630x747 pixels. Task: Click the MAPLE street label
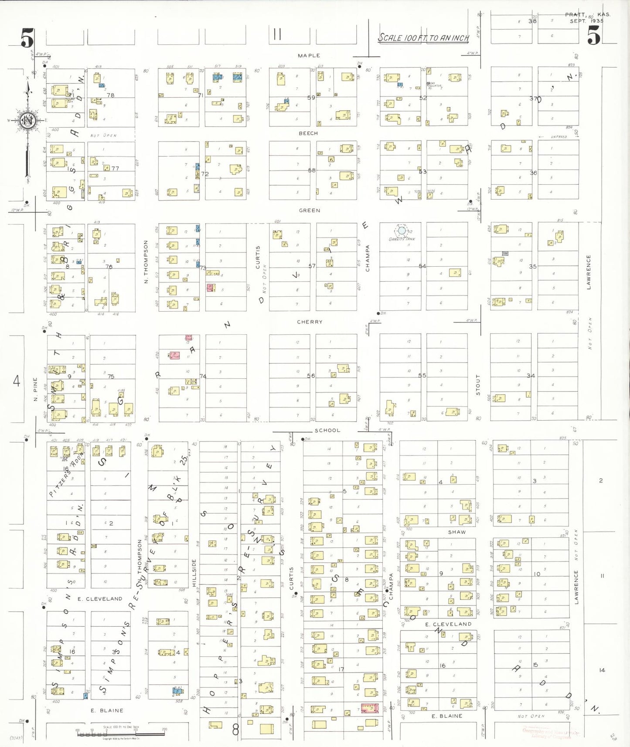[309, 56]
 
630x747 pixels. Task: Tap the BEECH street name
[308, 133]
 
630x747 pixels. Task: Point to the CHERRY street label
[310, 322]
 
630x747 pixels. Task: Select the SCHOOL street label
[327, 430]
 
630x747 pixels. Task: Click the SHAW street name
[457, 532]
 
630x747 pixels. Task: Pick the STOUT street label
[478, 385]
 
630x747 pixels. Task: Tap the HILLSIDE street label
[194, 573]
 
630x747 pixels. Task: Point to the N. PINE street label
[36, 389]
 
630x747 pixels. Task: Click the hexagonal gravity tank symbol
[401, 231]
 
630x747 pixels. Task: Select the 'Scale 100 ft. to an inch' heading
[423, 38]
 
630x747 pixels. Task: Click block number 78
[111, 95]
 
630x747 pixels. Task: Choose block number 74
[203, 376]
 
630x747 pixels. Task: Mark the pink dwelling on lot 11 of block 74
[174, 355]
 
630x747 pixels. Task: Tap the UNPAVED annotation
[558, 137]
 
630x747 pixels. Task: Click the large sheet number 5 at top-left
[27, 38]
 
